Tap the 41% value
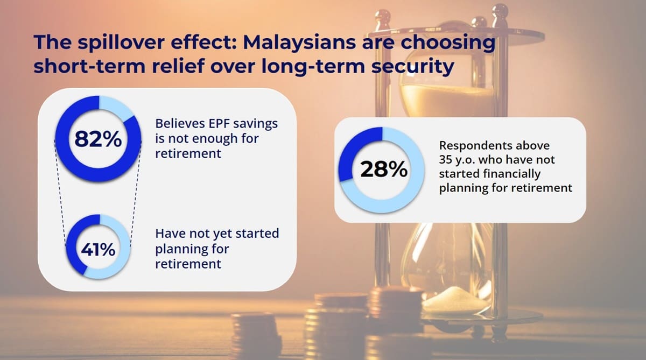98,250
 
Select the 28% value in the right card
383,170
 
